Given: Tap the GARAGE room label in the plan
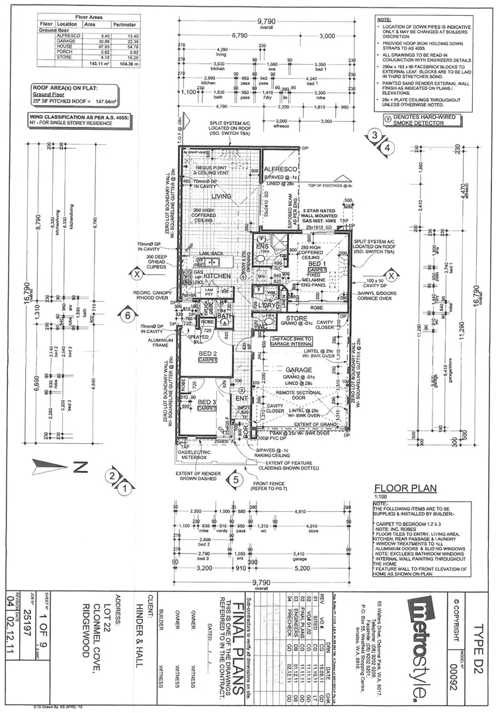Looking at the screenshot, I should click(304, 370).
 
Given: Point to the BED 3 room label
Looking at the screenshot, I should click(207, 402).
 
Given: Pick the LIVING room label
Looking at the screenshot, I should click(222, 196).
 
